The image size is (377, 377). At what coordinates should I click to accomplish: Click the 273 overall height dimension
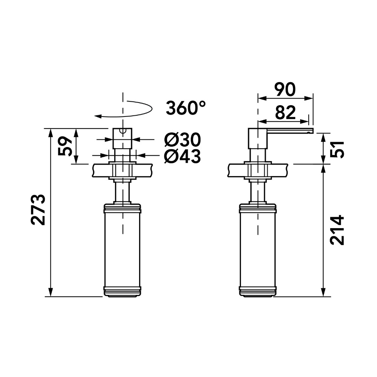pos(38,209)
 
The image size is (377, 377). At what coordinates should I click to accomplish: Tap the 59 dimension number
pos(65,146)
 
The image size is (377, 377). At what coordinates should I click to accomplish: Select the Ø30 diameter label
pos(182,140)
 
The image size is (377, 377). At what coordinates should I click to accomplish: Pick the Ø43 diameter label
pos(182,156)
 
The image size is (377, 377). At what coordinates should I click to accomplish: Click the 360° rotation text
pos(185,108)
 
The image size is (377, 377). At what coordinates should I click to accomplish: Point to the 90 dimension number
pos(285,89)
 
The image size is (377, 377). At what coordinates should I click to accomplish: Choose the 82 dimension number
pos(285,112)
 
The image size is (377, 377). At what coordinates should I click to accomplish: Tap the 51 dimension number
pos(337,149)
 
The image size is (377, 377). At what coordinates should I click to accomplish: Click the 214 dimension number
pos(337,230)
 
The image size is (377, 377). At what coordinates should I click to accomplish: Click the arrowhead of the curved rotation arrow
pos(97,116)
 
